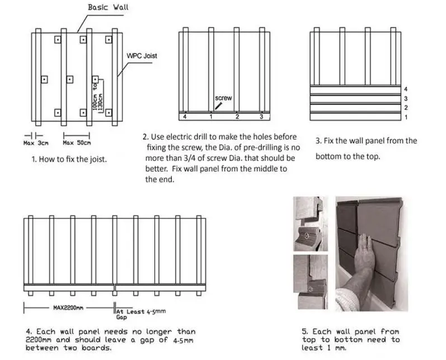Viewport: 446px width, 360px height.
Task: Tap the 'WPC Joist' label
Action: [143, 56]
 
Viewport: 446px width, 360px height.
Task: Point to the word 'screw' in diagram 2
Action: [223, 98]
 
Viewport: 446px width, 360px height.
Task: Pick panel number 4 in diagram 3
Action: [406, 89]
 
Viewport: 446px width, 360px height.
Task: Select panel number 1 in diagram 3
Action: [406, 117]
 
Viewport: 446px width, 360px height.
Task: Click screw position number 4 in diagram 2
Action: [184, 117]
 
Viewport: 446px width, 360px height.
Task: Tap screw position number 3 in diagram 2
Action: [261, 117]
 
